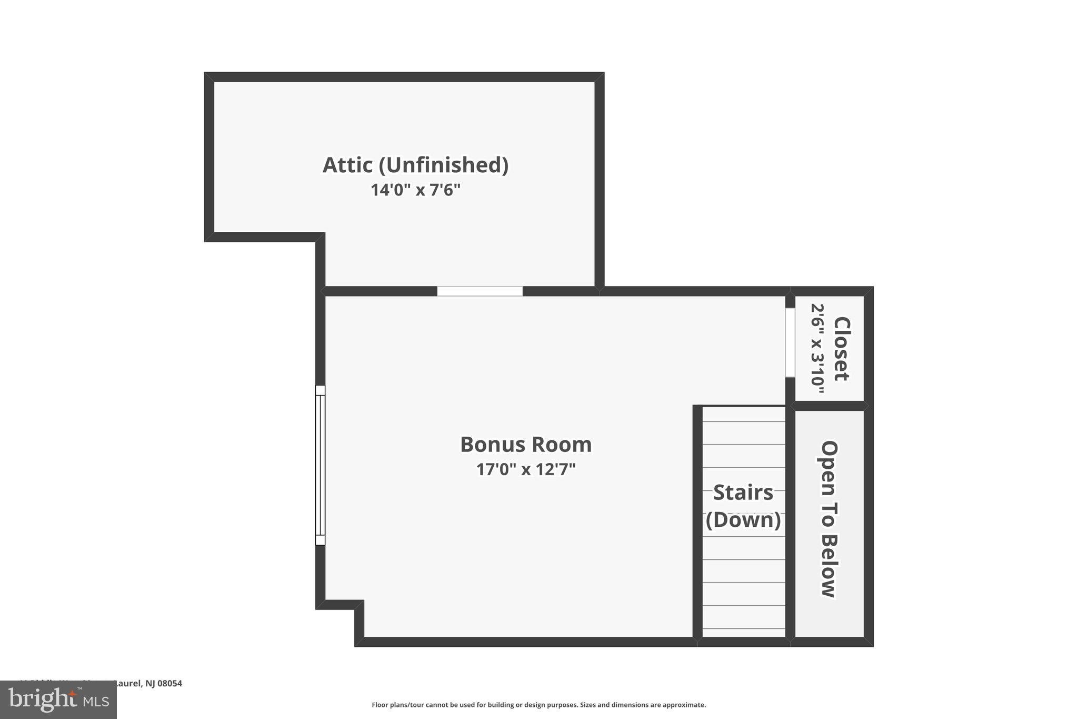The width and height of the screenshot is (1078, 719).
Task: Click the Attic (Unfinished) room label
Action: [415, 165]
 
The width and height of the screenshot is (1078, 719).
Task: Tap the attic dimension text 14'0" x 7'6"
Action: [415, 190]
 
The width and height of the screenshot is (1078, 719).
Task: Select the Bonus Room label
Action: [526, 445]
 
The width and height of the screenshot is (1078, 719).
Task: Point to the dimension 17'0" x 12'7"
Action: [526, 469]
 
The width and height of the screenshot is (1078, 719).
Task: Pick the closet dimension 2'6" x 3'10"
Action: [817, 348]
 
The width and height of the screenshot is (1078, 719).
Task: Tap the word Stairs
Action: [743, 493]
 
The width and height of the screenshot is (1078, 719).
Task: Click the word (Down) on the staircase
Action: [743, 520]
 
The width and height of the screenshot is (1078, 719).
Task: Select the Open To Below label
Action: [829, 519]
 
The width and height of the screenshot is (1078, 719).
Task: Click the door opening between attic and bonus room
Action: [480, 291]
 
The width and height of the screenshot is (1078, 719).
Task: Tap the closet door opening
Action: [790, 342]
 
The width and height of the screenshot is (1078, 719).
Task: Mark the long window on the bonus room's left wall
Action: [320, 465]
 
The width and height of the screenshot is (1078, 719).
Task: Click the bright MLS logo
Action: [58, 700]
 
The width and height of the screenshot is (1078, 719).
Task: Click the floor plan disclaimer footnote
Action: [538, 705]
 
